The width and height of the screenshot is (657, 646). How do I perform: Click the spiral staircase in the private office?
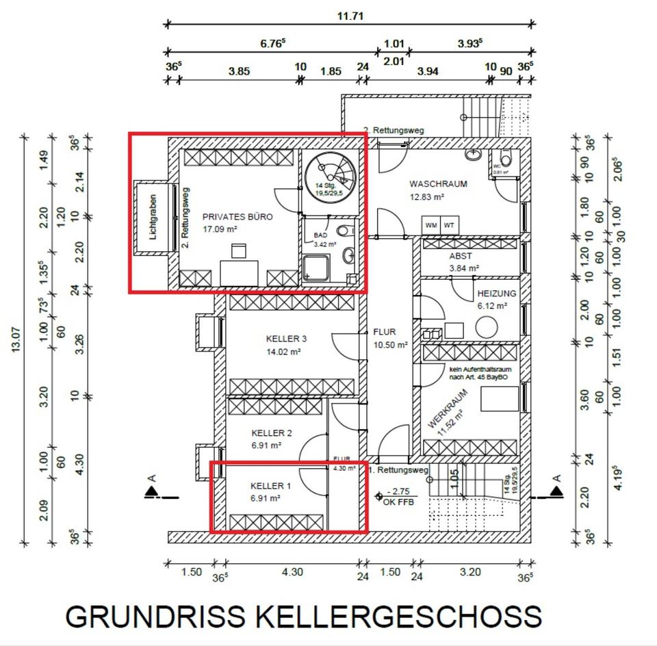coord(331,177)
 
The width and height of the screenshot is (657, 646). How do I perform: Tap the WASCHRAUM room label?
coord(438,184)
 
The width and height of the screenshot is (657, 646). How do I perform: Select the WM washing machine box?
coord(431,225)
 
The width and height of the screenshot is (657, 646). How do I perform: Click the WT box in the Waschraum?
coord(449,225)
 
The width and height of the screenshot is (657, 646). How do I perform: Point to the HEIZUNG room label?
coord(497,294)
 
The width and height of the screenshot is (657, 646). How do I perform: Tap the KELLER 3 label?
coord(286,339)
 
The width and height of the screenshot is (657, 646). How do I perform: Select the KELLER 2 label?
coord(272,433)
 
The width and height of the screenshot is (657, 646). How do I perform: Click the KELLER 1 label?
coord(270,487)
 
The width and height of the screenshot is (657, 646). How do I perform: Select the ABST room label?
coord(461,257)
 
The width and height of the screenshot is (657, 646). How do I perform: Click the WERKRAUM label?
coord(448,409)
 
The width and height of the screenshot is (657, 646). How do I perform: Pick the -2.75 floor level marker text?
coord(400,492)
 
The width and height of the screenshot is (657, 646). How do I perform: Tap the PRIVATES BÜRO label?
coord(237,217)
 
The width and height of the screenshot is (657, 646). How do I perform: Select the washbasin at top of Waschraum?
coord(473,155)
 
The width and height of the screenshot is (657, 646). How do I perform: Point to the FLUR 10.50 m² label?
coord(390,338)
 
